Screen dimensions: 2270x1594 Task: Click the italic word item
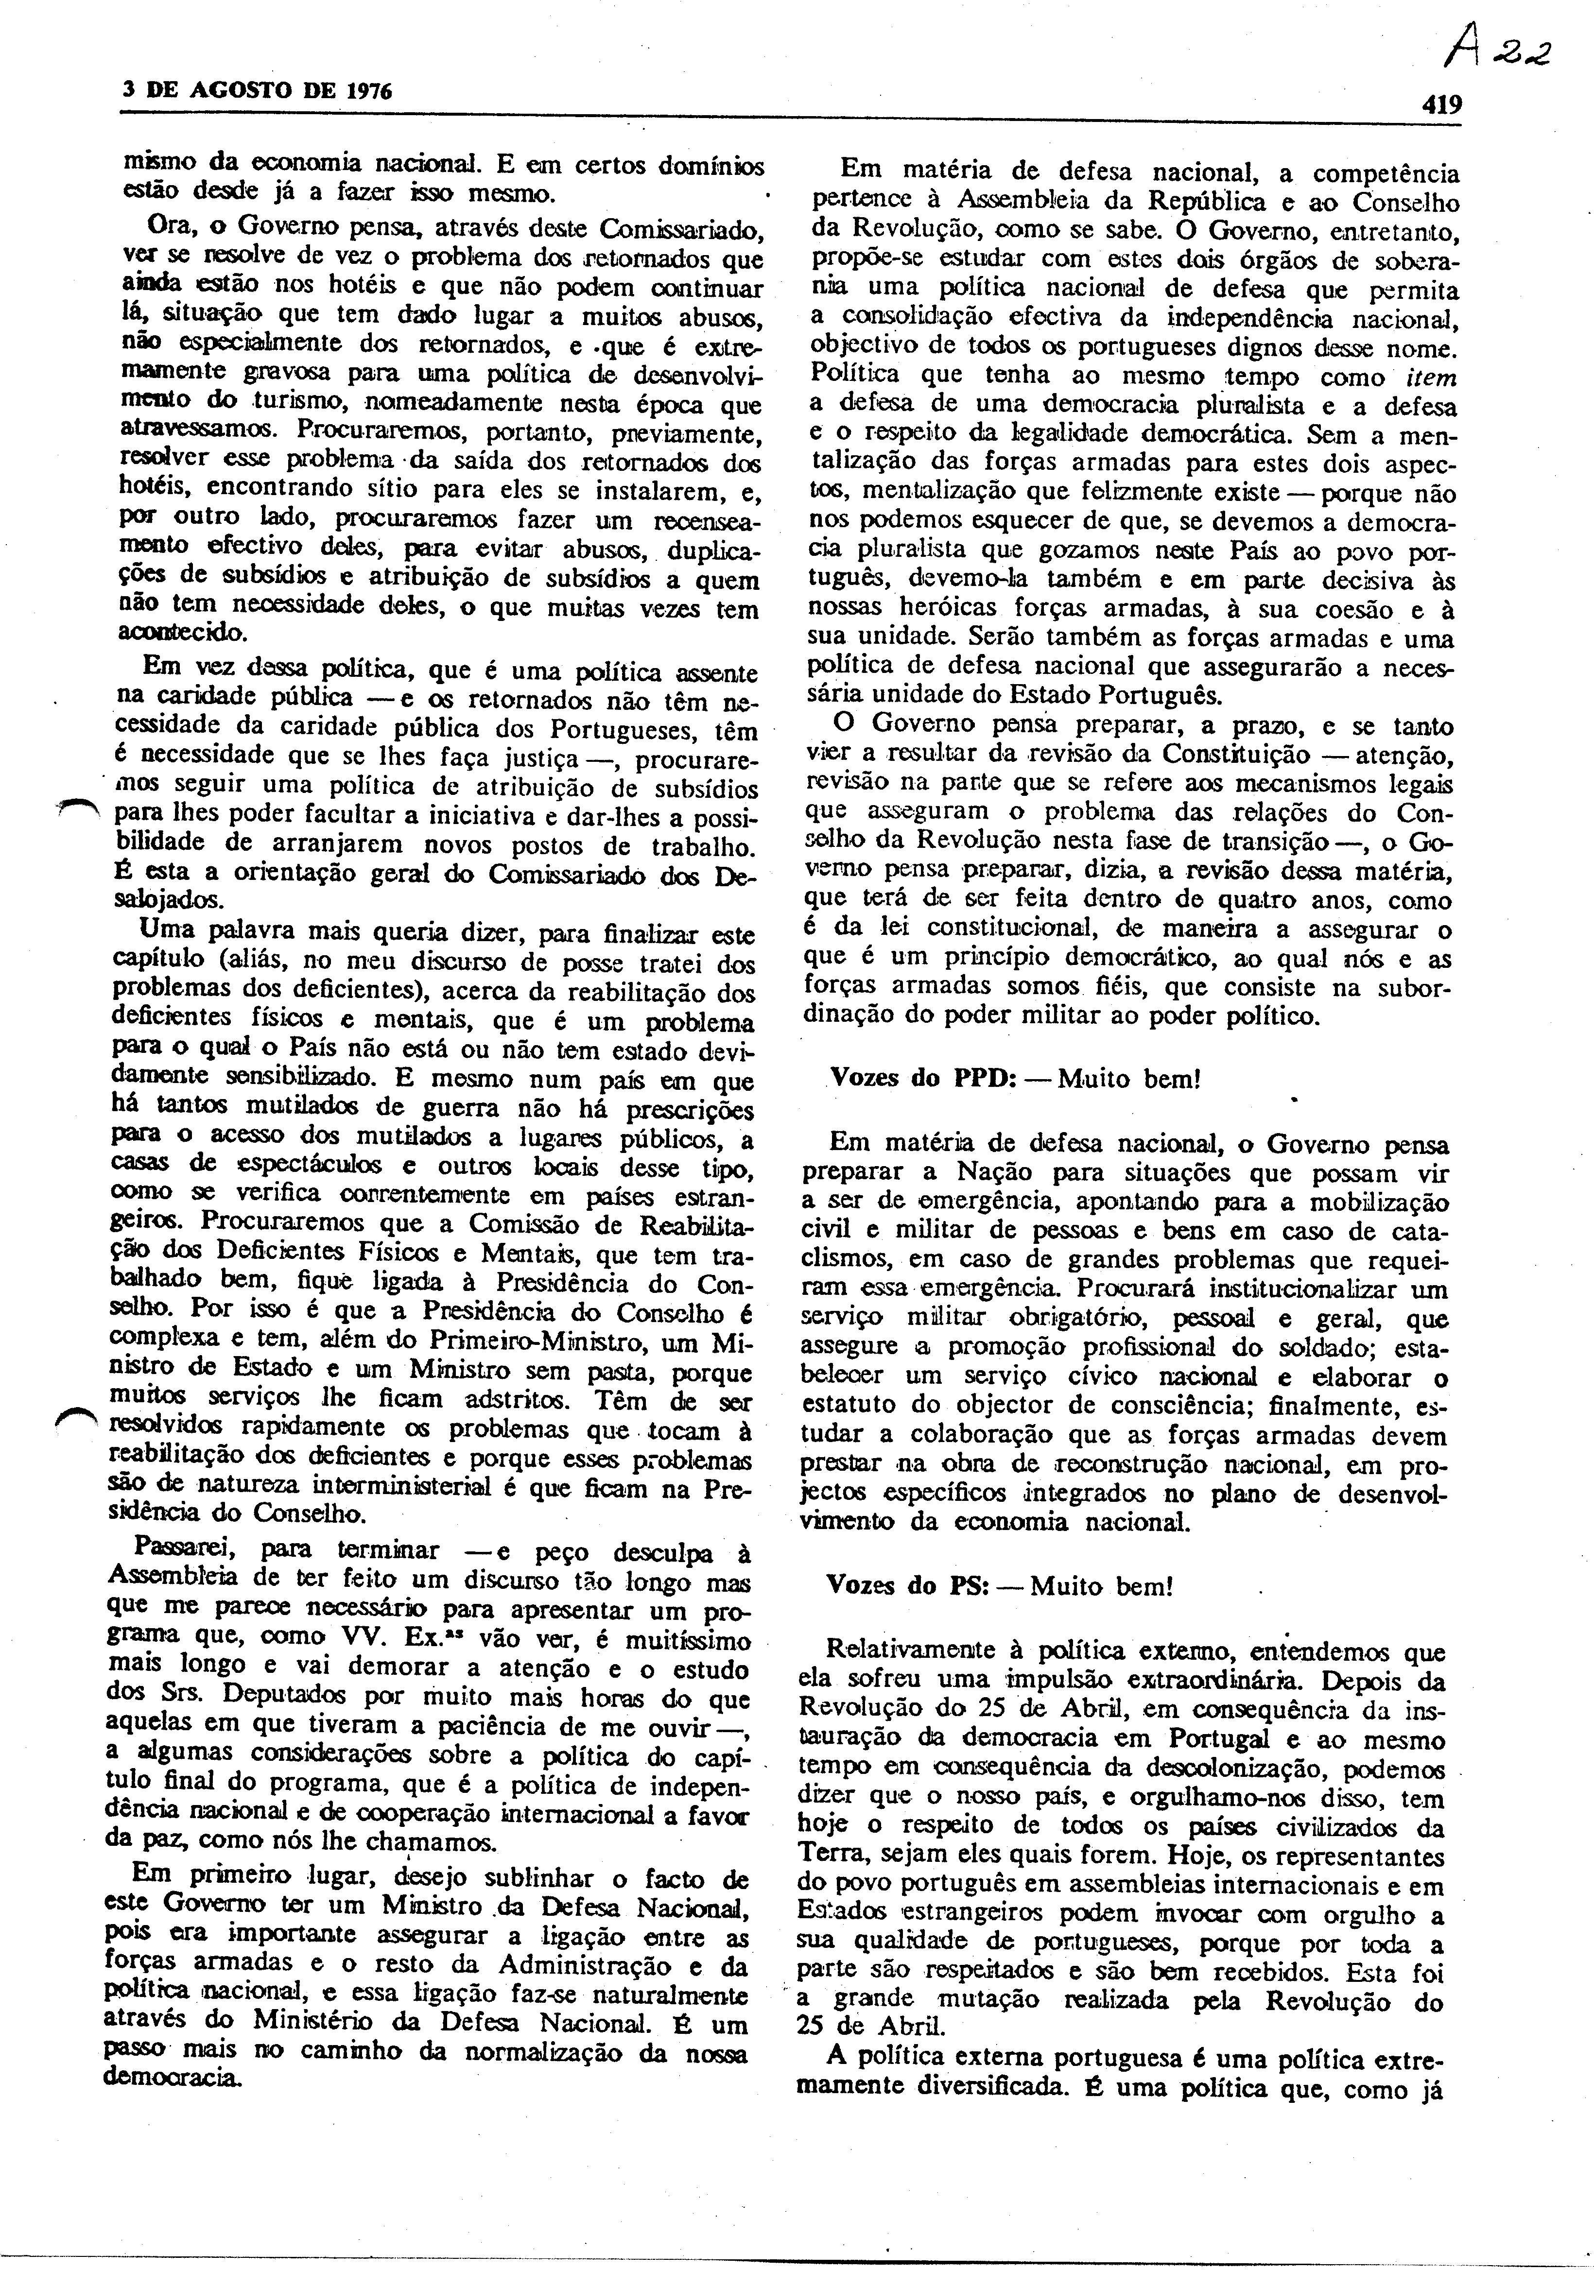click(x=1431, y=377)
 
